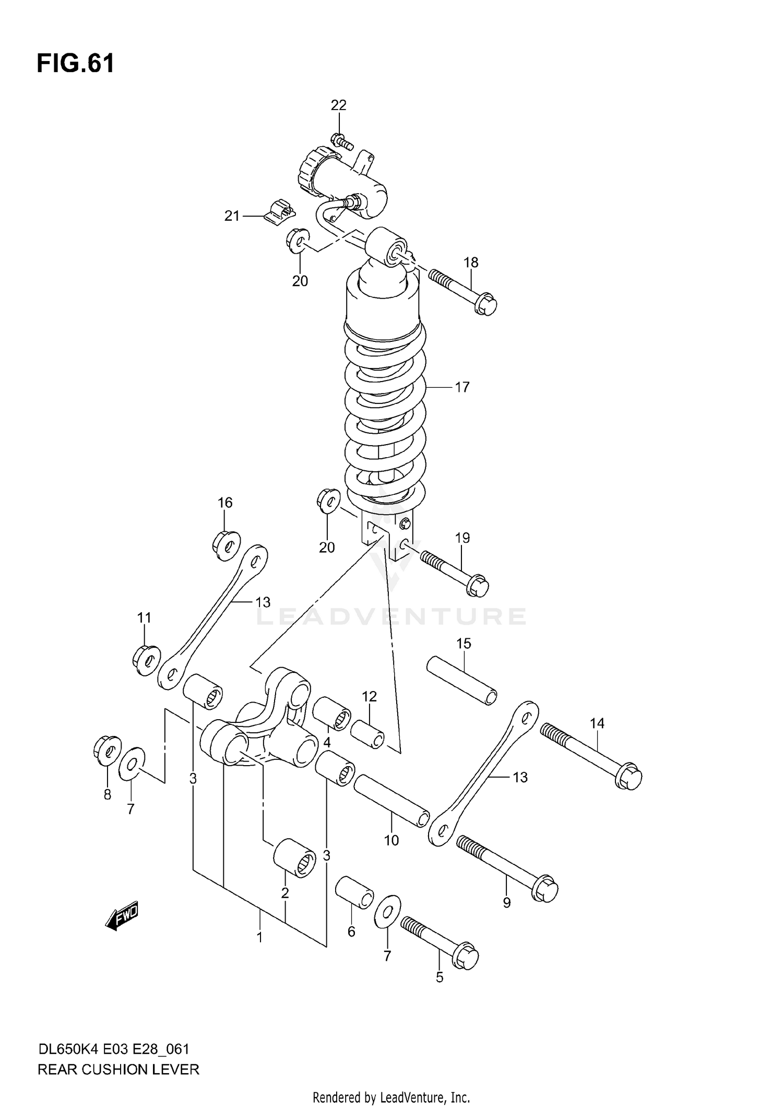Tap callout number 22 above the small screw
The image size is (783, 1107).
point(338,105)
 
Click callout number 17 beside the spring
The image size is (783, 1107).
point(462,387)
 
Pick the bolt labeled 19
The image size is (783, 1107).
point(454,574)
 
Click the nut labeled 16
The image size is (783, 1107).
point(226,545)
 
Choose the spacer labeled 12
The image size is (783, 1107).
point(366,734)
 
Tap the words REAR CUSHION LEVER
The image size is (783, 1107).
point(118,1069)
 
